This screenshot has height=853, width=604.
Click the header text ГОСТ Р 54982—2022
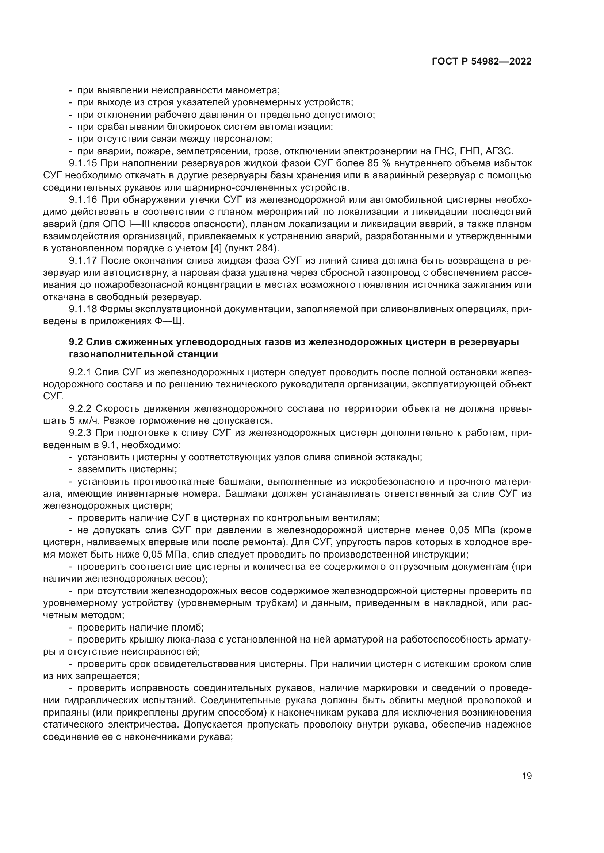click(x=481, y=62)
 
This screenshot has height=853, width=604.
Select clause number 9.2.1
click(x=80, y=372)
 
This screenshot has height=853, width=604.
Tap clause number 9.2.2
click(x=80, y=409)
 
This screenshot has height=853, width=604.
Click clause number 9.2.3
click(x=80, y=433)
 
